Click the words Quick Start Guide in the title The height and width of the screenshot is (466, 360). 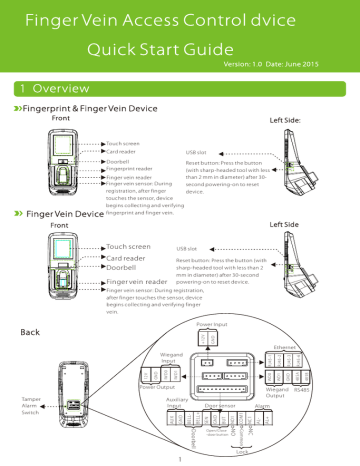pyautogui.click(x=181, y=48)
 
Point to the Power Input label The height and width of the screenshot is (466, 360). pyautogui.click(x=212, y=325)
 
